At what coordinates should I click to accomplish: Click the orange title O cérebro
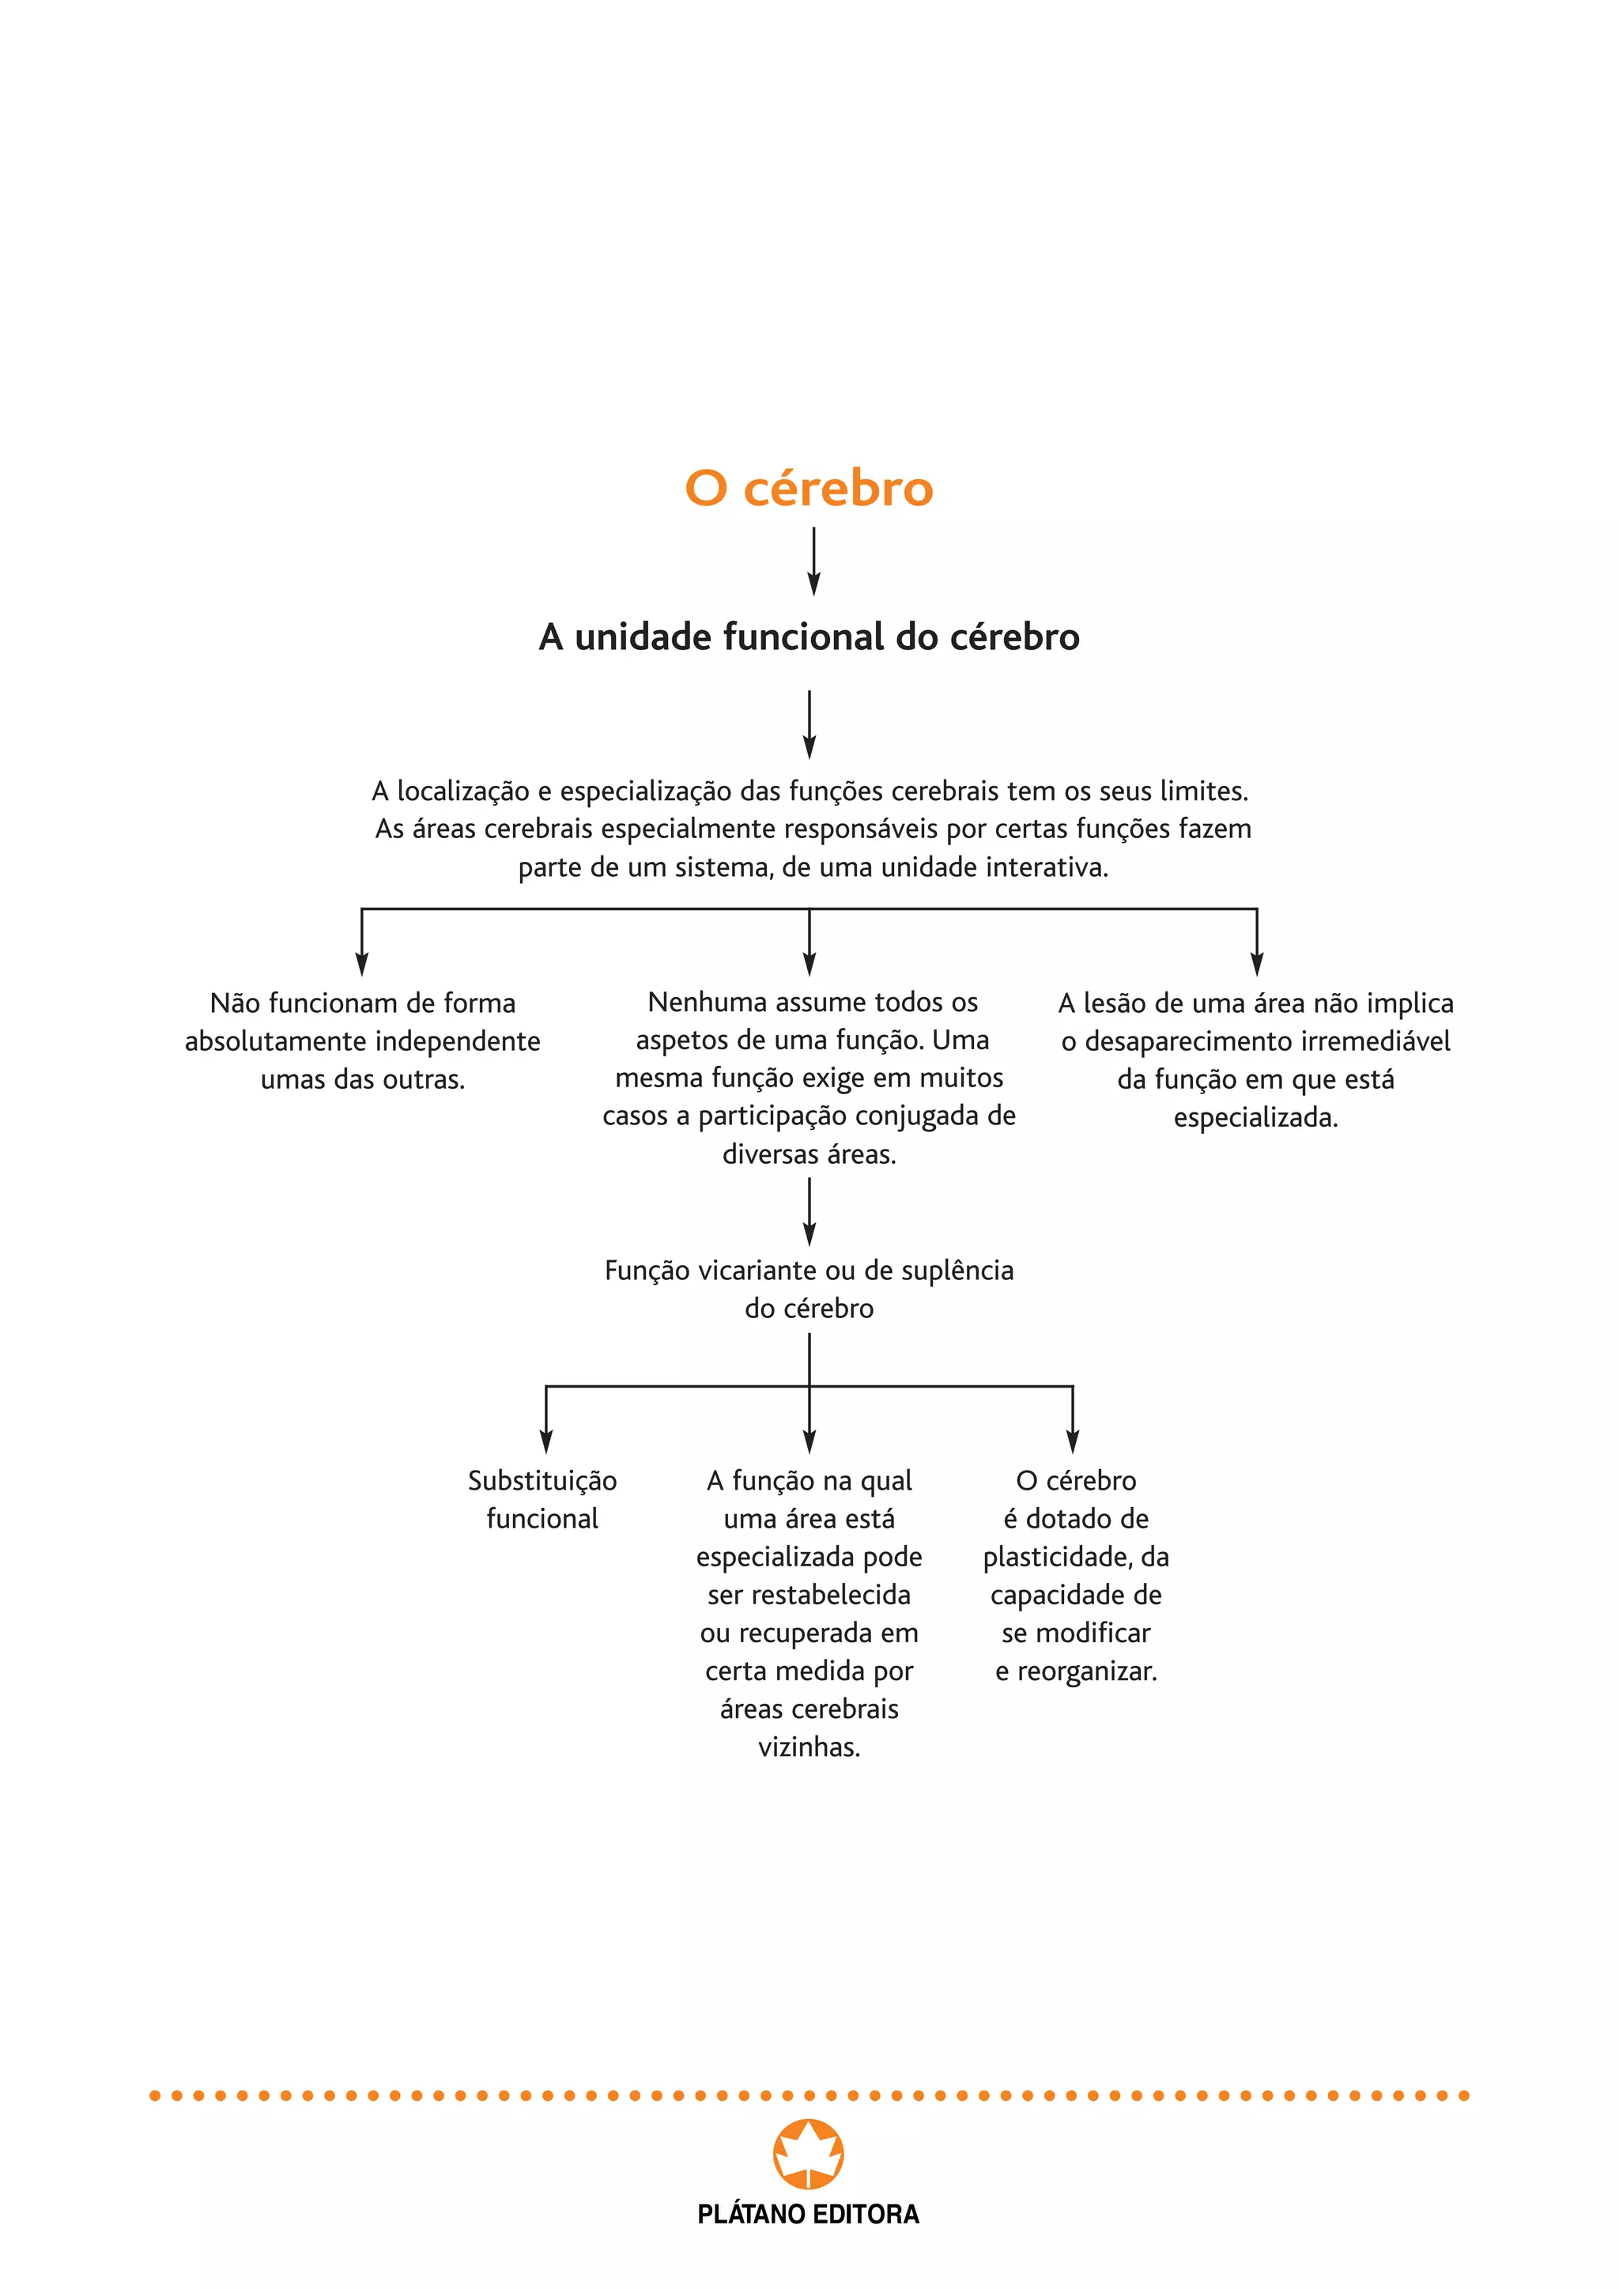pos(809,489)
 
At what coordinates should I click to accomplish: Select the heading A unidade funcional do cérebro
pos(809,637)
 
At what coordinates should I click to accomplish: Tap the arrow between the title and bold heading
pos(813,561)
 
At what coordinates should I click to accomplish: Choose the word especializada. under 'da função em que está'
pos(1255,1117)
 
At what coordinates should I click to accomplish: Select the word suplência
pos(957,1271)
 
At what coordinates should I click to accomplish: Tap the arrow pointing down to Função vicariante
pos(809,1211)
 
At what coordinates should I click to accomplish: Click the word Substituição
pos(542,1482)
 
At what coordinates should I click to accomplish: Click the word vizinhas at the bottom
pos(809,1747)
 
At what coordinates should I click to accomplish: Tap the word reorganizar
pos(1087,1672)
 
